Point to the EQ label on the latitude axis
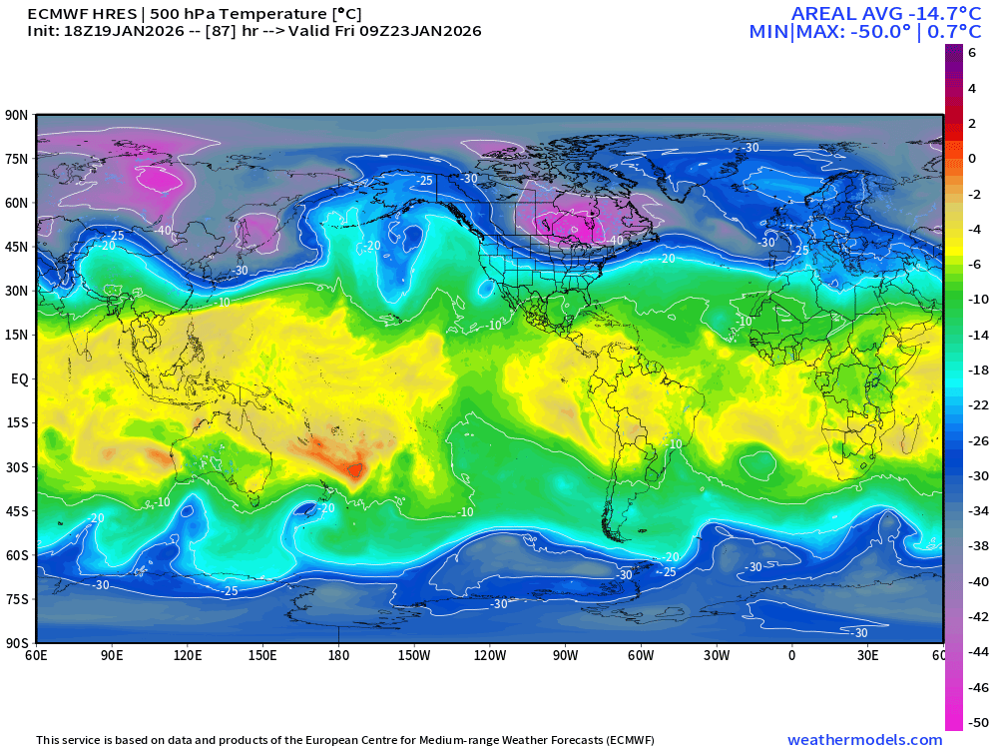[x=19, y=378]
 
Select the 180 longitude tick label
[x=338, y=655]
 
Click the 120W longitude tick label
[x=490, y=655]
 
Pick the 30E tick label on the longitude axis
[x=867, y=655]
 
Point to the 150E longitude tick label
[x=262, y=655]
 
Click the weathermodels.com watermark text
[x=864, y=740]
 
